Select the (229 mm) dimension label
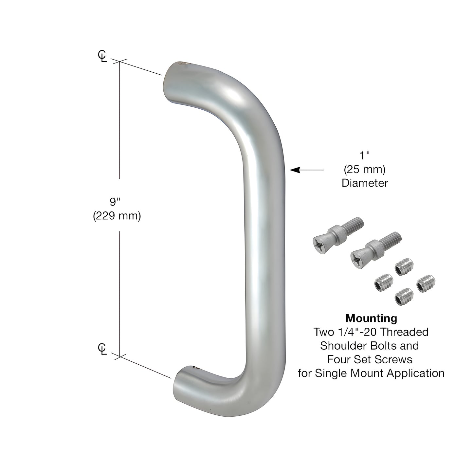point(117,216)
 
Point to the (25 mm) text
point(365,170)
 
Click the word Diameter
point(365,183)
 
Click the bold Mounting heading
point(371,318)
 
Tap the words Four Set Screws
point(370,359)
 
